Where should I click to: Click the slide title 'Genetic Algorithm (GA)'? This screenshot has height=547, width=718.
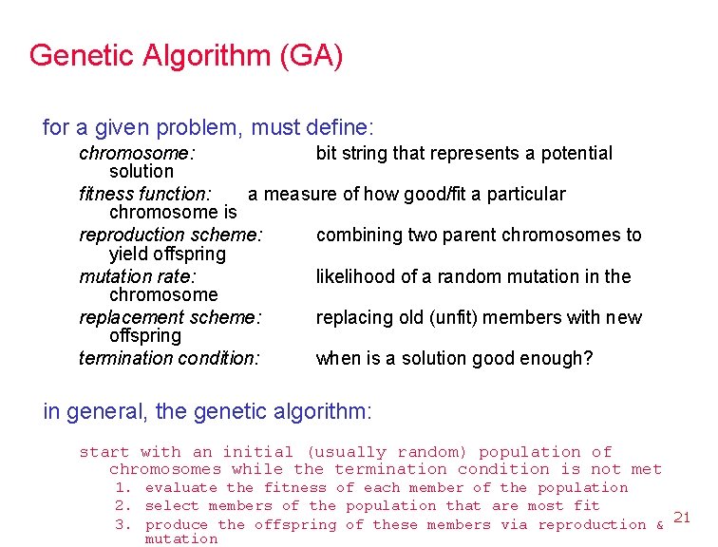[x=186, y=55]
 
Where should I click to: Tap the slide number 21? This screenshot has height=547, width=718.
[x=681, y=518]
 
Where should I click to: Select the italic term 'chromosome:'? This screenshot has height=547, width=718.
[x=137, y=153]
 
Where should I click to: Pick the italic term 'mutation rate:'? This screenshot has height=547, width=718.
[x=137, y=276]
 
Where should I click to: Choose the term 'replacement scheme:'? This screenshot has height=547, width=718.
[x=170, y=317]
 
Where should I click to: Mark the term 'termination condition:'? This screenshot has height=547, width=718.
[x=169, y=359]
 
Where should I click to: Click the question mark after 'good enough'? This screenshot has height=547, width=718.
[x=588, y=359]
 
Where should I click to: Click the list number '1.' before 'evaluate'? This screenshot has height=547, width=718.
[x=122, y=488]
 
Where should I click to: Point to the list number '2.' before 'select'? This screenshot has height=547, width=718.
[x=122, y=506]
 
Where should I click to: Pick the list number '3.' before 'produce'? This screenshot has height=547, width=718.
[x=122, y=524]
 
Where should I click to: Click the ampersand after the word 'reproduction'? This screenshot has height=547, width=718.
[x=659, y=524]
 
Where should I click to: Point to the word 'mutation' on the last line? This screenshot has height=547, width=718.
[x=180, y=539]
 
